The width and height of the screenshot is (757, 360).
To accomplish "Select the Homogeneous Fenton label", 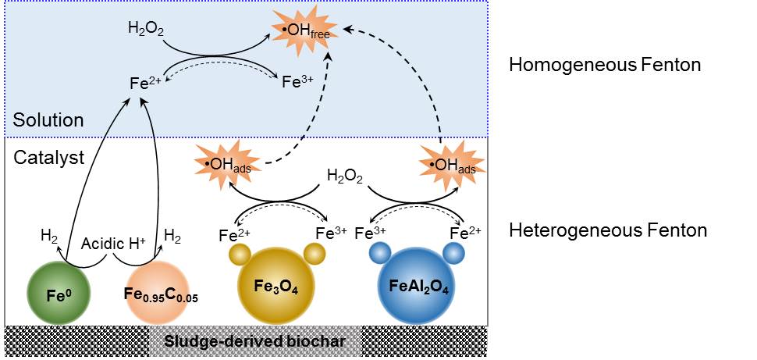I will click(x=604, y=65).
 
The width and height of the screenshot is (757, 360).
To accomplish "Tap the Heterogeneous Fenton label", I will click(x=608, y=230).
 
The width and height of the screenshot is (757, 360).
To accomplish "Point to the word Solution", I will click(x=48, y=120).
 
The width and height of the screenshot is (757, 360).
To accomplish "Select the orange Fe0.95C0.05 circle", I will click(x=158, y=295).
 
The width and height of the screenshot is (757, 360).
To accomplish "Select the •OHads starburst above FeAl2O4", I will click(x=451, y=165).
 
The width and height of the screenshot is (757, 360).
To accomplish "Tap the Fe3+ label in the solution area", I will click(x=298, y=81).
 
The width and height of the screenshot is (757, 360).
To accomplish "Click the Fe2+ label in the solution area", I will click(x=146, y=81).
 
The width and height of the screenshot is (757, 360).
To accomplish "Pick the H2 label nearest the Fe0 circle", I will click(x=48, y=234).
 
